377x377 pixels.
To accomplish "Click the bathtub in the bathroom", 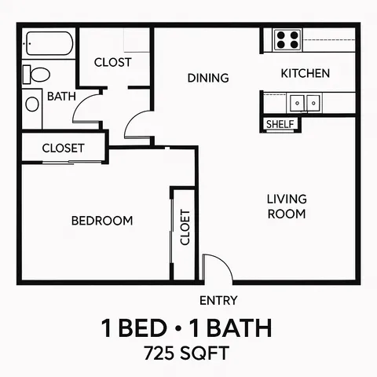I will [49, 44].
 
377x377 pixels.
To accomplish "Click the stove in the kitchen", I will [287, 39].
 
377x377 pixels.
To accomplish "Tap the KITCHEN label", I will [306, 74].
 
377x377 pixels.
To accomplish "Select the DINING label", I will [208, 78].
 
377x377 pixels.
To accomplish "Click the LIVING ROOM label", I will [286, 206].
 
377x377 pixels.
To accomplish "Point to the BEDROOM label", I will [102, 221].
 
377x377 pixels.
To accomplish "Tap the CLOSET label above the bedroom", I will [63, 148].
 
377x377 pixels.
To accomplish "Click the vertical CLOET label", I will [185, 227].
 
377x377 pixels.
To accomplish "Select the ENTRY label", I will [218, 300].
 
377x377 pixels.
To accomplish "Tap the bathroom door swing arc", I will [86, 112].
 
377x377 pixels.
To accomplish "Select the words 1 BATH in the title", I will [235, 326].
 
